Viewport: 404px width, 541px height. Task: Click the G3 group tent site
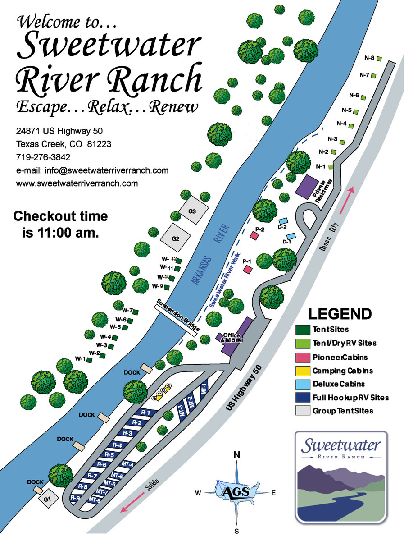tap(192, 210)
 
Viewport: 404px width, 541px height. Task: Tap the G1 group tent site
tap(48, 500)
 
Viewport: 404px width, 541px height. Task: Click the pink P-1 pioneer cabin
tap(247, 270)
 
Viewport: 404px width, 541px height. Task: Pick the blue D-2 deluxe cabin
tap(283, 221)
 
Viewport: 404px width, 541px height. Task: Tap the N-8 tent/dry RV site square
tap(379, 59)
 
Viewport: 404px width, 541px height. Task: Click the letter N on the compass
tap(236, 455)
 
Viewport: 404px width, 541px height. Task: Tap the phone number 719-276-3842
tap(43, 157)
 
